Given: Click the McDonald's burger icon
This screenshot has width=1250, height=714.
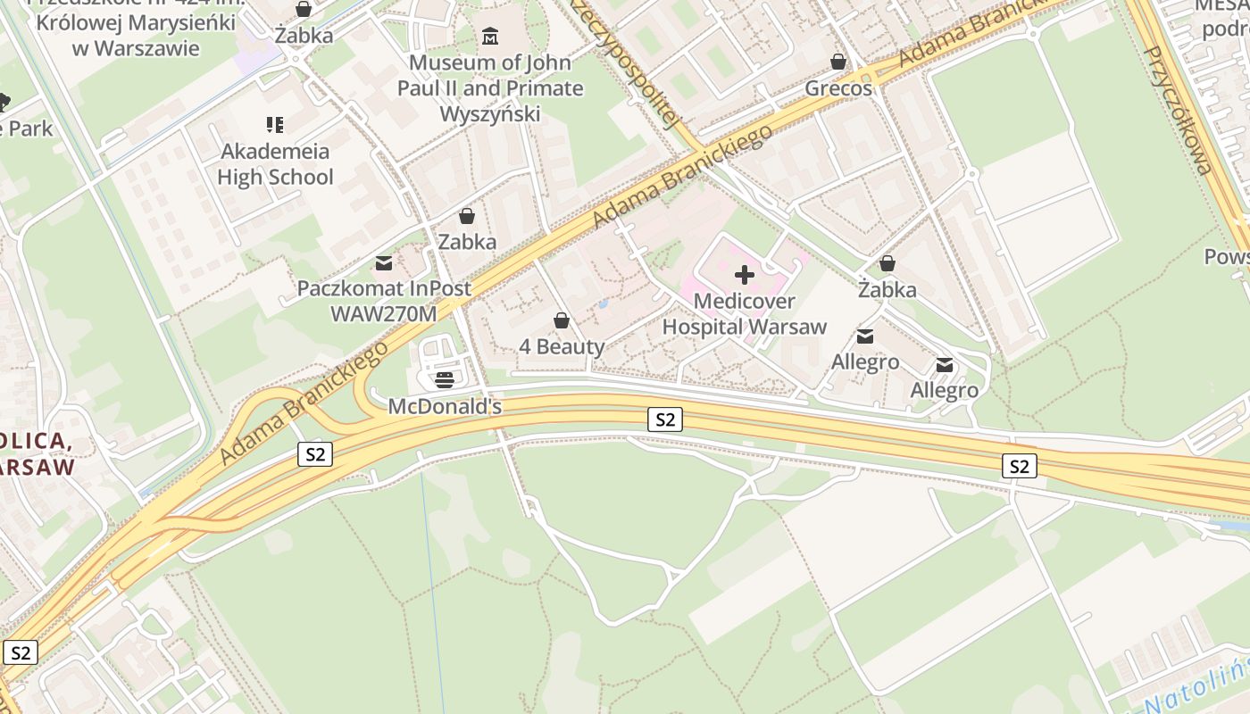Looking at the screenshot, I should [445, 380].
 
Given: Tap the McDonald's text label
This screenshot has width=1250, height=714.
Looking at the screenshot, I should [445, 407].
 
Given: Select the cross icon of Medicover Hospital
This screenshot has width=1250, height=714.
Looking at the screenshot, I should [744, 275].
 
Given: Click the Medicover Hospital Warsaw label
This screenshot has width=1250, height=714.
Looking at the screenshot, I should [744, 314].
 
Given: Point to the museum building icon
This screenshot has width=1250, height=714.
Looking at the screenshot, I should [490, 37].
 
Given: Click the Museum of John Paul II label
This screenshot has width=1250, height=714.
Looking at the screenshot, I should [490, 88].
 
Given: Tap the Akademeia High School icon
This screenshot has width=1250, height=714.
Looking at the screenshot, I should [275, 125].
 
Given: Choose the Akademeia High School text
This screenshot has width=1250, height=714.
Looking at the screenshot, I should [275, 164].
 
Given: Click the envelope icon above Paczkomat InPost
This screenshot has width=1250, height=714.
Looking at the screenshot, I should [384, 263].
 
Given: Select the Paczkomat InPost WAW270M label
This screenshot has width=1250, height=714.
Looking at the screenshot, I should [384, 302].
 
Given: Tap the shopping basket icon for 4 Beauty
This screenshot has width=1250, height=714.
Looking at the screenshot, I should [562, 320].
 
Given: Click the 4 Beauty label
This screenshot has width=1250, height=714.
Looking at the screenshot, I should [562, 346].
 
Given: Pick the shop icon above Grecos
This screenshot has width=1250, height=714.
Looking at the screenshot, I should [838, 62].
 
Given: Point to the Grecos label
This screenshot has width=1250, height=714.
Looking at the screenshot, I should [838, 88].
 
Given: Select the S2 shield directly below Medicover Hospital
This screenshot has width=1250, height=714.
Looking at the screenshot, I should [664, 419].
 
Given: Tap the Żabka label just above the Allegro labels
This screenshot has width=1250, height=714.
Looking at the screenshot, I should [887, 290].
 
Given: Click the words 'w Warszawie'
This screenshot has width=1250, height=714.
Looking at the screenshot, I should [136, 47].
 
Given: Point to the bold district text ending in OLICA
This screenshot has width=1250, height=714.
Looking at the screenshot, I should [36, 441].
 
